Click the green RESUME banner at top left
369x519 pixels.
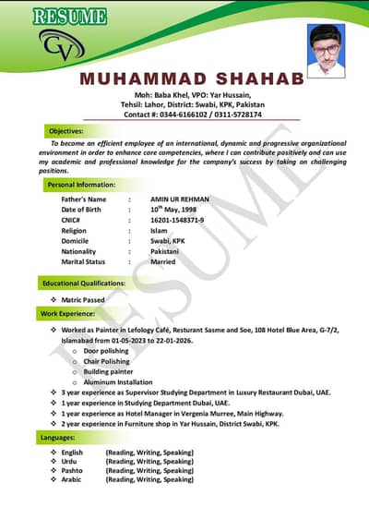pos(69,17)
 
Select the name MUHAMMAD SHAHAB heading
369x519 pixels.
pos(192,79)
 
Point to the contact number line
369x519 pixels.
pos(192,115)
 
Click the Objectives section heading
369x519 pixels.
pos(65,132)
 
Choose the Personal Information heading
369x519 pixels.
pos(80,186)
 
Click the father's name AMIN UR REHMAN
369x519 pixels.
pos(179,199)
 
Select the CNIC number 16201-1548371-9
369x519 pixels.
pos(177,220)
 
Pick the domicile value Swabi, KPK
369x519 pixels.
pos(167,241)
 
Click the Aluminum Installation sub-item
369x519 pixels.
pos(117,382)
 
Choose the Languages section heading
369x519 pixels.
pos(57,436)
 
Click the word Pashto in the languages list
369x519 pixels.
pos(72,471)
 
